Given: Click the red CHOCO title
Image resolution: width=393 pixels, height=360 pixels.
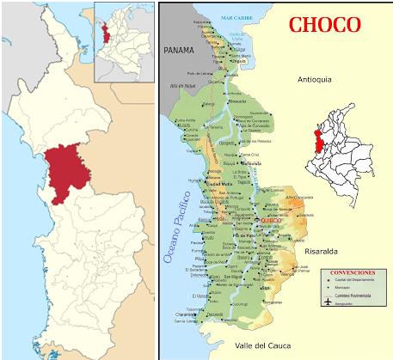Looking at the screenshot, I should point(324,24).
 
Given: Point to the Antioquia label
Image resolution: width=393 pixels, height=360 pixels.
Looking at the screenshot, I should point(314,81).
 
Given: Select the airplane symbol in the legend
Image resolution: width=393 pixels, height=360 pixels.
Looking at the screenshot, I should point(327,302).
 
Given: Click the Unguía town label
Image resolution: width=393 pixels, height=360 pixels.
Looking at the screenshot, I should point(240,60).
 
